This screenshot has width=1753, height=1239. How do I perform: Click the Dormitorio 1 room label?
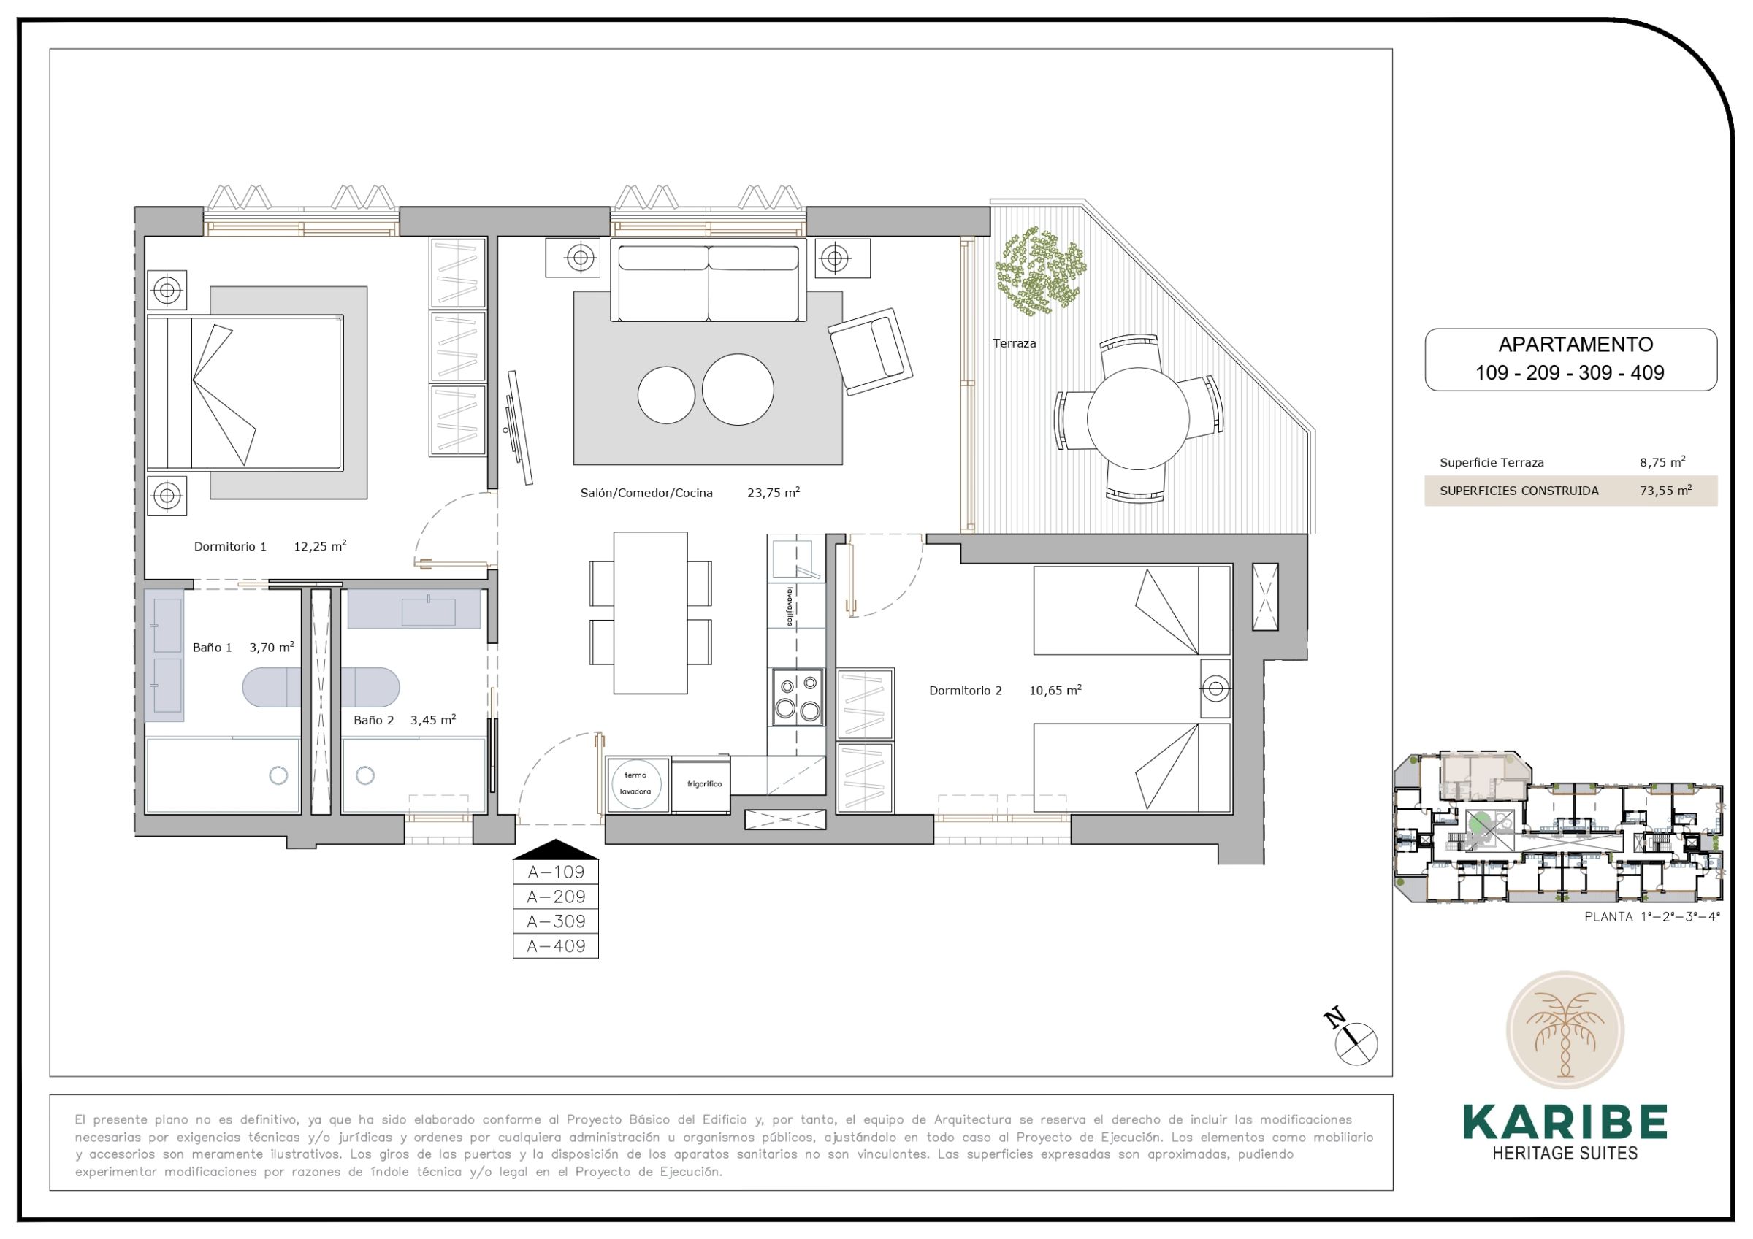(x=230, y=547)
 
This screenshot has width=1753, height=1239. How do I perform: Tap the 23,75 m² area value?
(x=773, y=492)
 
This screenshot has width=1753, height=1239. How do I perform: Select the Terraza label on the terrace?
(x=1014, y=344)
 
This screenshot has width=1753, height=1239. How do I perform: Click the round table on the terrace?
(x=1137, y=418)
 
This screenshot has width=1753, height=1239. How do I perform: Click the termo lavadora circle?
(x=635, y=783)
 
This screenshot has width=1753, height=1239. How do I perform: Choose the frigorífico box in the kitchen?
(x=701, y=784)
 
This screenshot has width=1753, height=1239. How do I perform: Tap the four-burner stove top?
(x=797, y=697)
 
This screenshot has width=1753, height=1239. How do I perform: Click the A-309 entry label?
(x=556, y=921)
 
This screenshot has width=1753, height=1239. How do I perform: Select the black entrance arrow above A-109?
(x=556, y=850)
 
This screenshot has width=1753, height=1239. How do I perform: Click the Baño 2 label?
(x=373, y=720)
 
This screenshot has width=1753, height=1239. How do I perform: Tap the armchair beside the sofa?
(x=871, y=351)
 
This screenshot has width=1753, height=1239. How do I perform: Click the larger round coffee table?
(x=738, y=389)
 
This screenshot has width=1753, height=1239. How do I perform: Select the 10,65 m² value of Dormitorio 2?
(x=1055, y=690)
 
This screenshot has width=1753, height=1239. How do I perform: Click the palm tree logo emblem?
(x=1565, y=1030)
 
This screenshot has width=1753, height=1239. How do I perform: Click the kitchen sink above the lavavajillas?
(x=795, y=559)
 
